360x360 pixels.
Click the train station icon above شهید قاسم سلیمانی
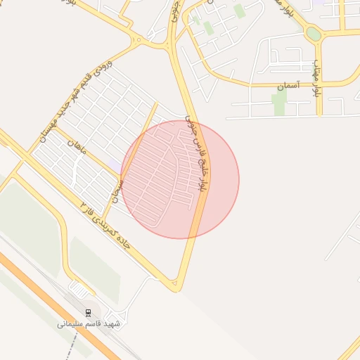coord(88,311)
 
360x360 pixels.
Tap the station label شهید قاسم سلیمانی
coord(89,324)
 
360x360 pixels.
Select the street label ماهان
coord(74,148)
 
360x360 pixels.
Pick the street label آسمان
coord(288,86)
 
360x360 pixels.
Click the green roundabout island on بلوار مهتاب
coord(314,34)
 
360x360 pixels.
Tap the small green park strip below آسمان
coord(280,104)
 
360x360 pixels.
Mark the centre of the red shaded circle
coord(180,179)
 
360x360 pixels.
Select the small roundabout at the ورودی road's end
coord(139,40)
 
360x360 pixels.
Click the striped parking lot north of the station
coord(79,289)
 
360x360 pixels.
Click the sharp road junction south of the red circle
coord(176,286)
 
